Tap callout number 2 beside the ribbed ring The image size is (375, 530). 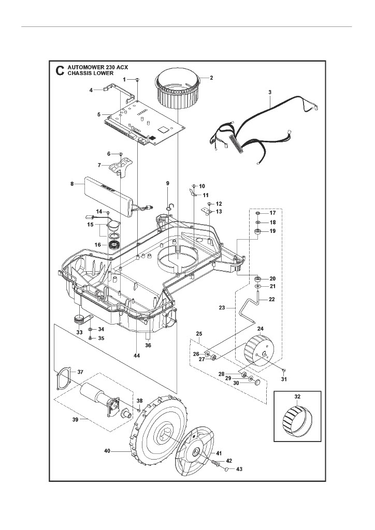click(x=211, y=78)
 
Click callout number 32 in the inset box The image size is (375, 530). click(x=298, y=397)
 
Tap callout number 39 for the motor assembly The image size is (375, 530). click(x=76, y=419)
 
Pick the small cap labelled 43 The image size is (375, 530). click(x=226, y=468)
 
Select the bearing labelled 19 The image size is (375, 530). click(x=257, y=230)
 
